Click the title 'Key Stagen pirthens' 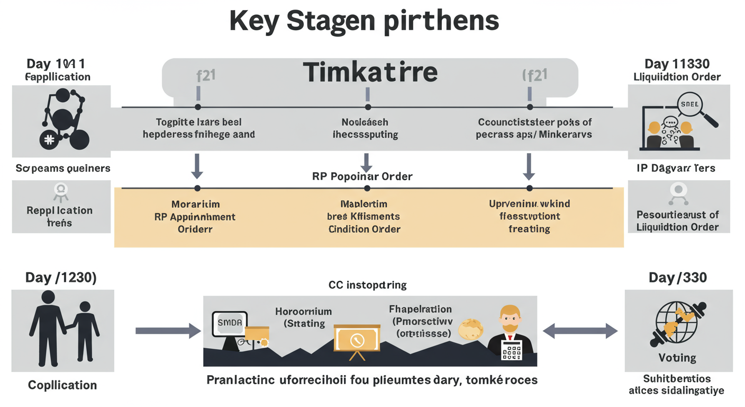365,21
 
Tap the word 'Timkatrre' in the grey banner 370,72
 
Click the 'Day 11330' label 677,64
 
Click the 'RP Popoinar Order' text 362,176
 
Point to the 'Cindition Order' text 364,229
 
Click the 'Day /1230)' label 61,278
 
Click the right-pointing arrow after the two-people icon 168,331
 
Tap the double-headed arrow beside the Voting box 580,331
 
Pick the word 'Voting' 677,358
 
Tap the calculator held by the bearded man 511,350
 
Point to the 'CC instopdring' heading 367,285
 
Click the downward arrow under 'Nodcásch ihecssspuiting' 366,162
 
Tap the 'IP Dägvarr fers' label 676,169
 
